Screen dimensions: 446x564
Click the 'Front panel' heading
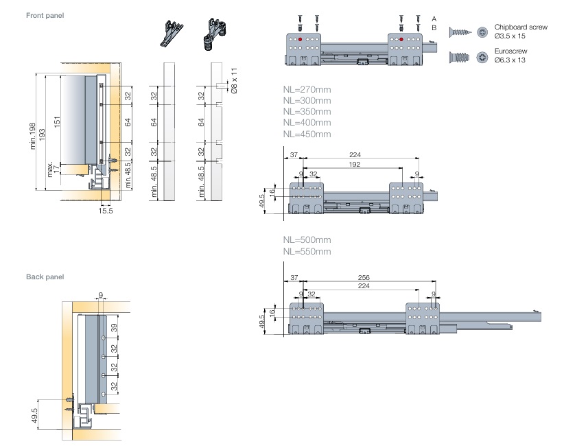click(x=45, y=15)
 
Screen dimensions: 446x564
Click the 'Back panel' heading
click(x=45, y=277)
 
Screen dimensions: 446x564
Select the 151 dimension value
click(x=58, y=119)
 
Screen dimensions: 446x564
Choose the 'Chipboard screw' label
click(x=521, y=27)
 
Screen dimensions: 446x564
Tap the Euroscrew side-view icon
click(x=459, y=56)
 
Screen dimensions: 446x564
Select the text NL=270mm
click(x=307, y=89)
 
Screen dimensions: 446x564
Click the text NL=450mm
click(x=307, y=134)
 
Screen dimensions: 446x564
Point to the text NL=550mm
click(x=307, y=251)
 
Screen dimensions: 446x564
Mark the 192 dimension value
click(x=354, y=165)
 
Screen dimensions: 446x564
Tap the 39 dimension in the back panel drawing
click(x=115, y=327)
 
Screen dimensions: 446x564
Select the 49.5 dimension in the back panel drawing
click(x=34, y=416)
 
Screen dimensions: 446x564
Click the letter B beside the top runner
click(x=434, y=27)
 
